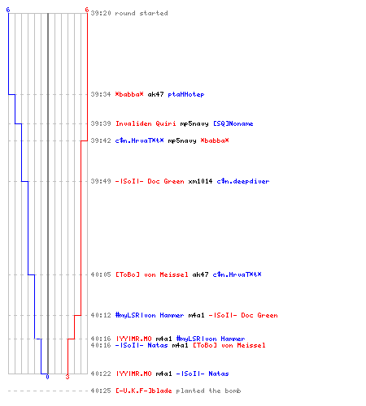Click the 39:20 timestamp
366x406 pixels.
pos(101,13)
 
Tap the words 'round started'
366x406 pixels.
pos(142,13)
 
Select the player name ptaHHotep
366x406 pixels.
pos(186,94)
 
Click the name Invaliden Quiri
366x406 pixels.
pos(146,123)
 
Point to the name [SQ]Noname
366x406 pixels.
pos(233,123)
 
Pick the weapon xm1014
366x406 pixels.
pos(200,181)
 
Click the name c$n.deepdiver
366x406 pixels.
pos(243,181)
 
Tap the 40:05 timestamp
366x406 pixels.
pos(101,274)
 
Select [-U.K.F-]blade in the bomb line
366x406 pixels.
pos(144,391)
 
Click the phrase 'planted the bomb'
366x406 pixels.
pos(208,391)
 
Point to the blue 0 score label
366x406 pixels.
pos(47,377)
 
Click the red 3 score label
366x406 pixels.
pos(68,377)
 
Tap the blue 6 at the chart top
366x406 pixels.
pos(8,10)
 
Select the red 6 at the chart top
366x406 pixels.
pos(87,10)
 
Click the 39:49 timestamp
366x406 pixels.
pos(101,181)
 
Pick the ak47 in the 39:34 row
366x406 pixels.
pos(155,94)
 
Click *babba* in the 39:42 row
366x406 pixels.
pos(215,140)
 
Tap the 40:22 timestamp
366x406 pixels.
pos(101,374)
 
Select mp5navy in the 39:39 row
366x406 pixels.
pos(194,123)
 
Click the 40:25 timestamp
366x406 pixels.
pos(101,391)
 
